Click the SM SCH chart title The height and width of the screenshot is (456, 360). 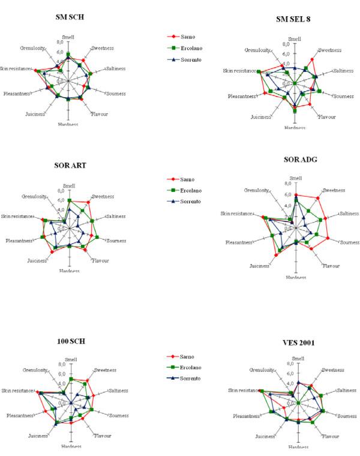(68, 17)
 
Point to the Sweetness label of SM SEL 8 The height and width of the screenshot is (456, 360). (329, 50)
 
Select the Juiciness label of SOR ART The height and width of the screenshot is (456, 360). (37, 261)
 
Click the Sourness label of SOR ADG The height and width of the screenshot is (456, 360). (350, 242)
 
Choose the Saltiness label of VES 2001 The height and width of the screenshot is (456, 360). (344, 391)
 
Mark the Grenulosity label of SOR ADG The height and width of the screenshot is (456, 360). (257, 190)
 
